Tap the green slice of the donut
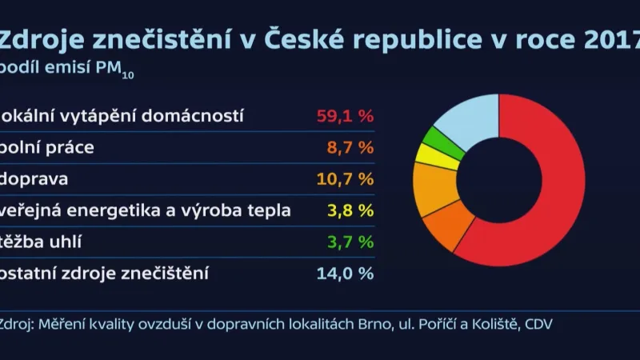(437, 140)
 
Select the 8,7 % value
(351, 148)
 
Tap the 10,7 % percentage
(346, 179)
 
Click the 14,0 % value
(346, 273)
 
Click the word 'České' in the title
(299, 38)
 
